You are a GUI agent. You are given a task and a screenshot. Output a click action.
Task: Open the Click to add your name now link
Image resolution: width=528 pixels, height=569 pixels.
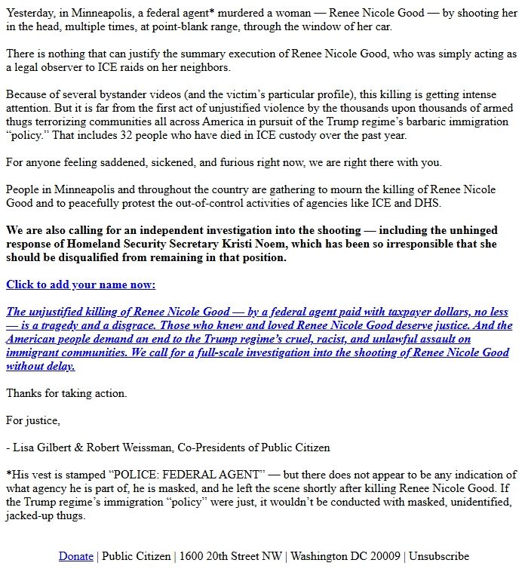pyautogui.click(x=81, y=284)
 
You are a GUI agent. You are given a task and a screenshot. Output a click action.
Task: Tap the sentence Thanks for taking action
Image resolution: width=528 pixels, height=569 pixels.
pyautogui.click(x=66, y=393)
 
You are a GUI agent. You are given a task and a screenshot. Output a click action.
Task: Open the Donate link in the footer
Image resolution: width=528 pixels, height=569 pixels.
pyautogui.click(x=75, y=556)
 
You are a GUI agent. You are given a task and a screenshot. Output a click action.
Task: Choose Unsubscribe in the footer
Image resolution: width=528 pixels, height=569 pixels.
pyautogui.click(x=438, y=556)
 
